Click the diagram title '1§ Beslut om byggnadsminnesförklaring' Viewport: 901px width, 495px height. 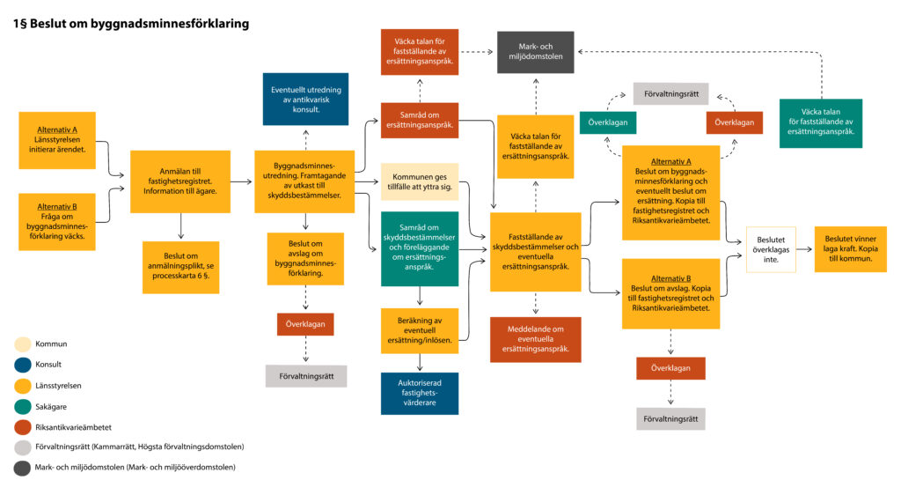point(131,24)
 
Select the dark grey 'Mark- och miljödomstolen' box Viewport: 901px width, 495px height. point(535,52)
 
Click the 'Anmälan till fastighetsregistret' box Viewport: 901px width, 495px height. point(180,181)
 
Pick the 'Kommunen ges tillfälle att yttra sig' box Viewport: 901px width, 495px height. point(419,181)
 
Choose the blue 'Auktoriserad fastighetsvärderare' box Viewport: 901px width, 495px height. point(419,393)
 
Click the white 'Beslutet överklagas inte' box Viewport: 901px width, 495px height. point(771,249)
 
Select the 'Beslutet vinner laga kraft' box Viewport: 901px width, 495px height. point(850,249)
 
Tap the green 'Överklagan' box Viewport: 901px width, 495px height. point(608,122)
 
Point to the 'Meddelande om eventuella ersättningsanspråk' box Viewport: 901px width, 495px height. point(535,339)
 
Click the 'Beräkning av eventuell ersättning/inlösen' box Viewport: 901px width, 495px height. point(419,330)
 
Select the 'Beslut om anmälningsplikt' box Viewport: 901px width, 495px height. point(180,267)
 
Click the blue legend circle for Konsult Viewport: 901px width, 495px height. point(22,364)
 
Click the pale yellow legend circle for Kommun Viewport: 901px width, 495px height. point(22,344)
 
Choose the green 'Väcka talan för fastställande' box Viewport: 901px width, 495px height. point(820,123)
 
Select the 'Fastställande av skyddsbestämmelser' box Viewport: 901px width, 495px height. point(535,251)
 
